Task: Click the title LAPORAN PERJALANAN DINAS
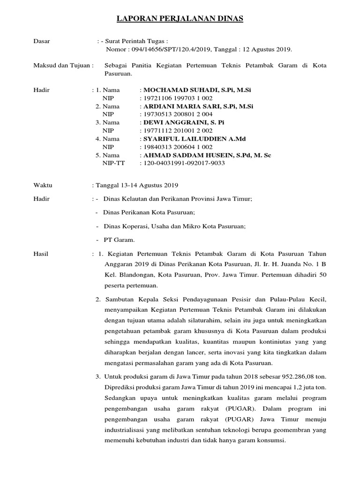(180, 19)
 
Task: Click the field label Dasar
(42, 41)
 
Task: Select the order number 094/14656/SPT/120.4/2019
(169, 49)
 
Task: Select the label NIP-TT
(114, 163)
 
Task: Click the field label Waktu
(43, 185)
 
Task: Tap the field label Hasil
(41, 254)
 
